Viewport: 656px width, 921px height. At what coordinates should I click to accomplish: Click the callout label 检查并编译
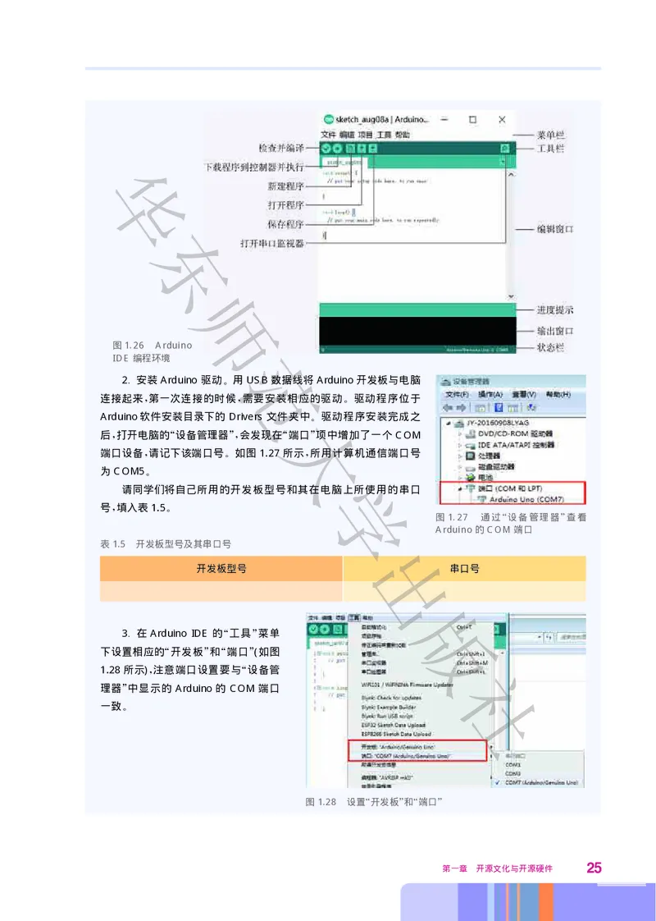(281, 149)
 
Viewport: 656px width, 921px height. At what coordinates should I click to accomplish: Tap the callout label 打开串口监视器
(271, 244)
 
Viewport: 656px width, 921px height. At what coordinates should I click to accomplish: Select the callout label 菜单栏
(550, 135)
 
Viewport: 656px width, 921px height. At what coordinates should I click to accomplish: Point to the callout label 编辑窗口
(555, 229)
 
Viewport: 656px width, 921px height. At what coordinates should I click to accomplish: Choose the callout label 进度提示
(555, 310)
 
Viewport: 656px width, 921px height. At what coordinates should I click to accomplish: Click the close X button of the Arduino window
(502, 120)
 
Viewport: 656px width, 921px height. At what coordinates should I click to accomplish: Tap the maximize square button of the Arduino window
(472, 120)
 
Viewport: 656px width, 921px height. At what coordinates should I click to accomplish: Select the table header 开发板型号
(221, 568)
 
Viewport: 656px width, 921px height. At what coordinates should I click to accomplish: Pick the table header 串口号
(464, 568)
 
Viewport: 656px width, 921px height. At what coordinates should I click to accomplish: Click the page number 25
(594, 868)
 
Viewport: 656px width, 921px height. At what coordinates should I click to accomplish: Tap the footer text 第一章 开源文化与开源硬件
(498, 868)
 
